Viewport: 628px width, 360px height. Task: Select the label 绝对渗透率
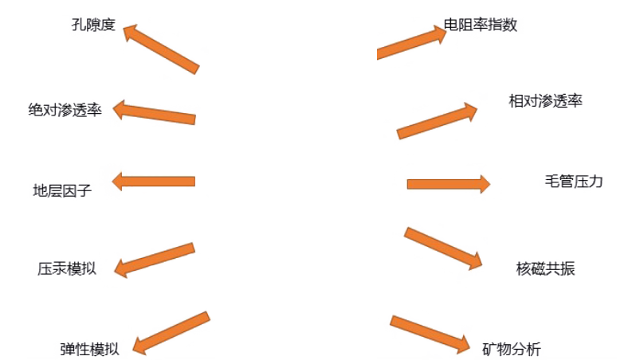pyautogui.click(x=65, y=109)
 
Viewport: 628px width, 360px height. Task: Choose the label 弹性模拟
pyautogui.click(x=89, y=348)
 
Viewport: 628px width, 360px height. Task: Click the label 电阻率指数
pyautogui.click(x=481, y=25)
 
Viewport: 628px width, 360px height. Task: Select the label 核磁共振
pyautogui.click(x=545, y=268)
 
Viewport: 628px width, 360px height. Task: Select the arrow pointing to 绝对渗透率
pyautogui.click(x=154, y=114)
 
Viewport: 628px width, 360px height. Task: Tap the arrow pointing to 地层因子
pyautogui.click(x=153, y=182)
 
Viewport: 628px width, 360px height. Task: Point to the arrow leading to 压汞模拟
pyautogui.click(x=155, y=259)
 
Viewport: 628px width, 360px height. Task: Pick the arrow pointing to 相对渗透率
pyautogui.click(x=438, y=119)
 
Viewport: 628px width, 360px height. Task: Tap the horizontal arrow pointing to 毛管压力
pyautogui.click(x=448, y=184)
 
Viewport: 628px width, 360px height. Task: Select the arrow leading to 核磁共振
pyautogui.click(x=444, y=248)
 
